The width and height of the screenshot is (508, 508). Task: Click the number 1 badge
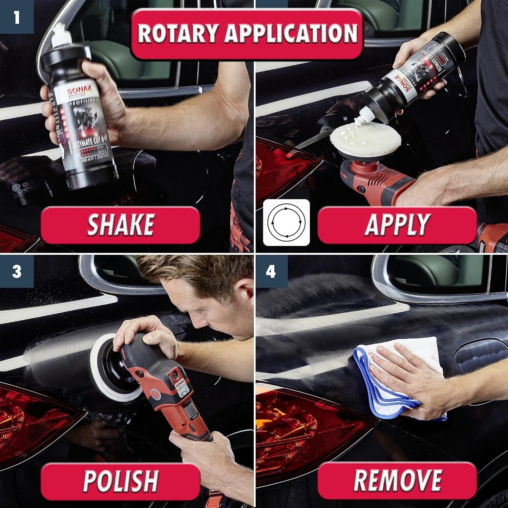[16, 17]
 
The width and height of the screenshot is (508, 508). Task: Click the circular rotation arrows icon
[286, 223]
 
